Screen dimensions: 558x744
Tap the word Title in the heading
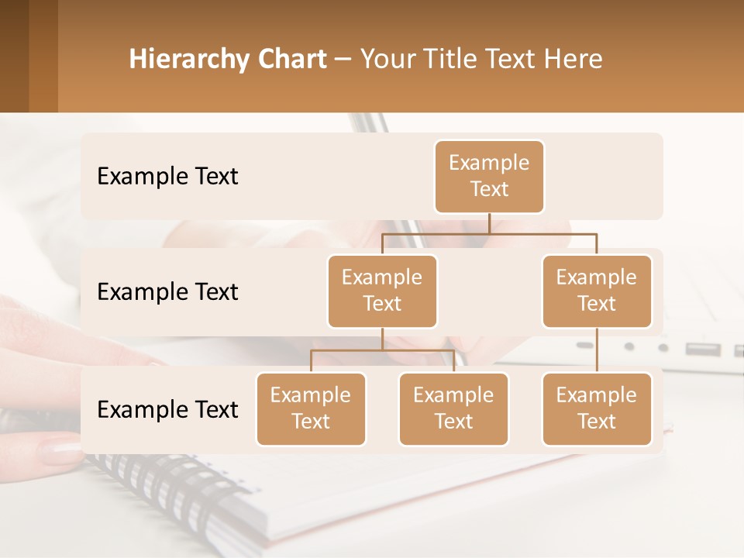tap(449, 60)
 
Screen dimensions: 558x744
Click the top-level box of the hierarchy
tap(489, 177)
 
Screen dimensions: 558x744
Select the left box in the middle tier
tap(382, 291)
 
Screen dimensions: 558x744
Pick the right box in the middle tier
tap(597, 291)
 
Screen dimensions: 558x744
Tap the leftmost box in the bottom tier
tap(311, 408)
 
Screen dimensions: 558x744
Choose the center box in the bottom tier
tap(453, 408)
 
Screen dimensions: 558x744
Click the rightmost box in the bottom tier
tap(597, 408)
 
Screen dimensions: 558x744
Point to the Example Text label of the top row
tap(167, 177)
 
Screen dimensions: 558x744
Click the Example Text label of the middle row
tap(167, 292)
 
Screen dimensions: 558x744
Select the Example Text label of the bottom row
tap(167, 409)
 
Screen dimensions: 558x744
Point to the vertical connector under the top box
tap(489, 222)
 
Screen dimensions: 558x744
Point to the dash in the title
tap(343, 60)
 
